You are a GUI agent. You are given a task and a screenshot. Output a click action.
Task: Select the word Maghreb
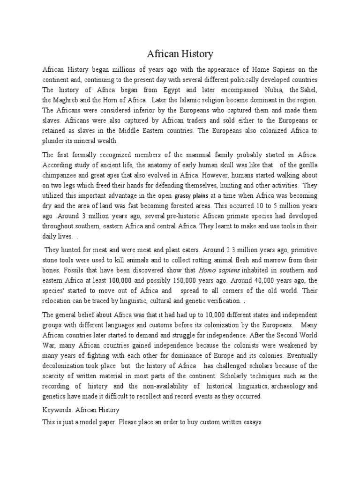68,100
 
